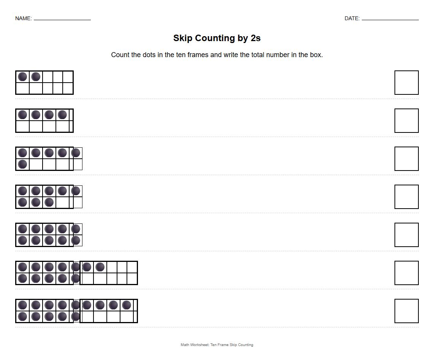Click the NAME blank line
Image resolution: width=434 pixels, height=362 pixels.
point(62,19)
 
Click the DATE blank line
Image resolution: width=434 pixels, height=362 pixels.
point(390,19)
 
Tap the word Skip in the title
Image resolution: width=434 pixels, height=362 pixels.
point(183,38)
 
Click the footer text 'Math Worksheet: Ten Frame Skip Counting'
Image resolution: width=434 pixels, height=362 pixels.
point(217,345)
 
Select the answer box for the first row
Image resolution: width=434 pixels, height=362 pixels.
point(406,83)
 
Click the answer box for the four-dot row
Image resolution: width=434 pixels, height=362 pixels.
point(406,121)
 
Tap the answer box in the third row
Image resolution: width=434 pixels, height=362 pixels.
point(406,159)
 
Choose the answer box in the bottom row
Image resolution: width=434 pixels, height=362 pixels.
point(406,311)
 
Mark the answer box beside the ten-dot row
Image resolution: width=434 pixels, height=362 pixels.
point(406,235)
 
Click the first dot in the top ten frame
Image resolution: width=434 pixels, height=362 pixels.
point(22,77)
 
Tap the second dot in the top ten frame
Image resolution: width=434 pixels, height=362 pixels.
point(36,77)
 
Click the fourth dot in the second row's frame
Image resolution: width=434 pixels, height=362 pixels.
point(62,115)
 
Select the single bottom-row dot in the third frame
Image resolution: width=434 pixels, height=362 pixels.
point(22,164)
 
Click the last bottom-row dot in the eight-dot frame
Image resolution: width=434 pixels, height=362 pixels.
point(49,202)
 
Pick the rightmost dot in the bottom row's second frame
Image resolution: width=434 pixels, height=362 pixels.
point(127,305)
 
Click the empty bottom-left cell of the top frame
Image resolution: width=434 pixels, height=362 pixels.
point(22,88)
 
